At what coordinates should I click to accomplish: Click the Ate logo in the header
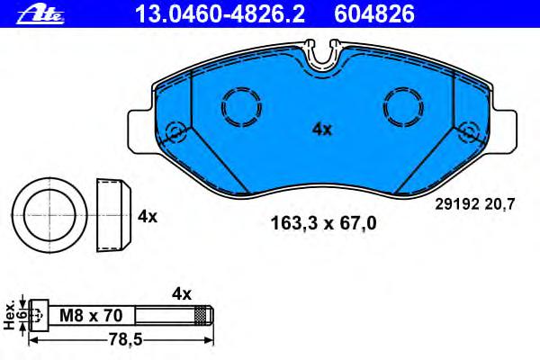pos(40,14)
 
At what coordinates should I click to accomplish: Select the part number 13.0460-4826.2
pos(220,14)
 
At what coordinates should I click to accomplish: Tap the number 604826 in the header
pos(374,14)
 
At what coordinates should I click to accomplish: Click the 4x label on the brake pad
pos(322,130)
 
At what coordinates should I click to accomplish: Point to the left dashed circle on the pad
pos(222,107)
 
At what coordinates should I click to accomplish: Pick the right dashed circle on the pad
pos(383,107)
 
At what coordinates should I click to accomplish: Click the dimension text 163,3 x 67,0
pos(323,223)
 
